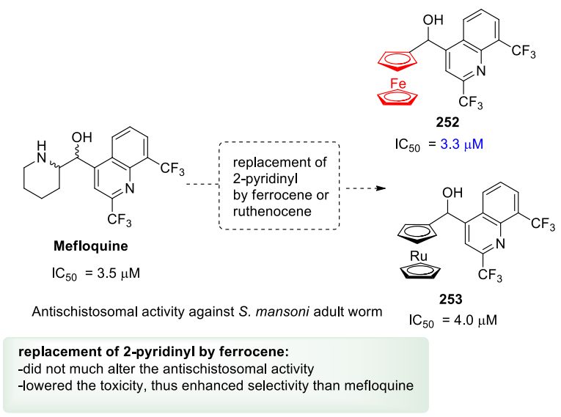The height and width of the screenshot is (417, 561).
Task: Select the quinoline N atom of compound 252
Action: coord(480,71)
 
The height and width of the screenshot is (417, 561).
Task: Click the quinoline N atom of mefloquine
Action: coord(129,188)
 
